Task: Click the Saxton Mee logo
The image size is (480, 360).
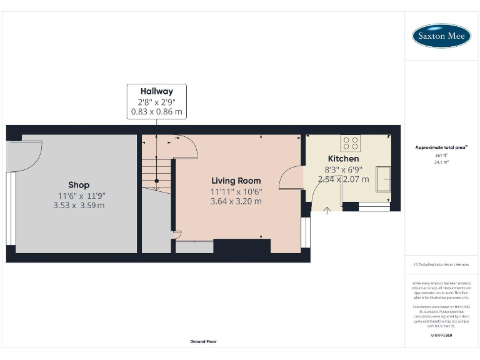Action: pyautogui.click(x=441, y=36)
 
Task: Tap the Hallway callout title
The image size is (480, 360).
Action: pyautogui.click(x=156, y=91)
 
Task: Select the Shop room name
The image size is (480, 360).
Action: pyautogui.click(x=79, y=185)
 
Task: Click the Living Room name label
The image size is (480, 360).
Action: pyautogui.click(x=236, y=181)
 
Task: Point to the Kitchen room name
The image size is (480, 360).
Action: pyautogui.click(x=344, y=159)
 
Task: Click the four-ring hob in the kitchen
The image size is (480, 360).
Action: pyautogui.click(x=351, y=143)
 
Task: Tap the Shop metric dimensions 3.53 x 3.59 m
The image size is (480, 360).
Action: pyautogui.click(x=79, y=205)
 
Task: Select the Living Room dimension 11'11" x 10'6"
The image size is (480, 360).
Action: pyautogui.click(x=236, y=191)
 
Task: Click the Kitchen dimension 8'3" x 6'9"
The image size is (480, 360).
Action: pyautogui.click(x=344, y=169)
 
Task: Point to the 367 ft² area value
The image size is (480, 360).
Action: pyautogui.click(x=441, y=155)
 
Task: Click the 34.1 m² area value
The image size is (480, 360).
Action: pyautogui.click(x=441, y=162)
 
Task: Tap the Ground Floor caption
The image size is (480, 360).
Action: pyautogui.click(x=203, y=342)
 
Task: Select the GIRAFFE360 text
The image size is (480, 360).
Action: pyautogui.click(x=441, y=336)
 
